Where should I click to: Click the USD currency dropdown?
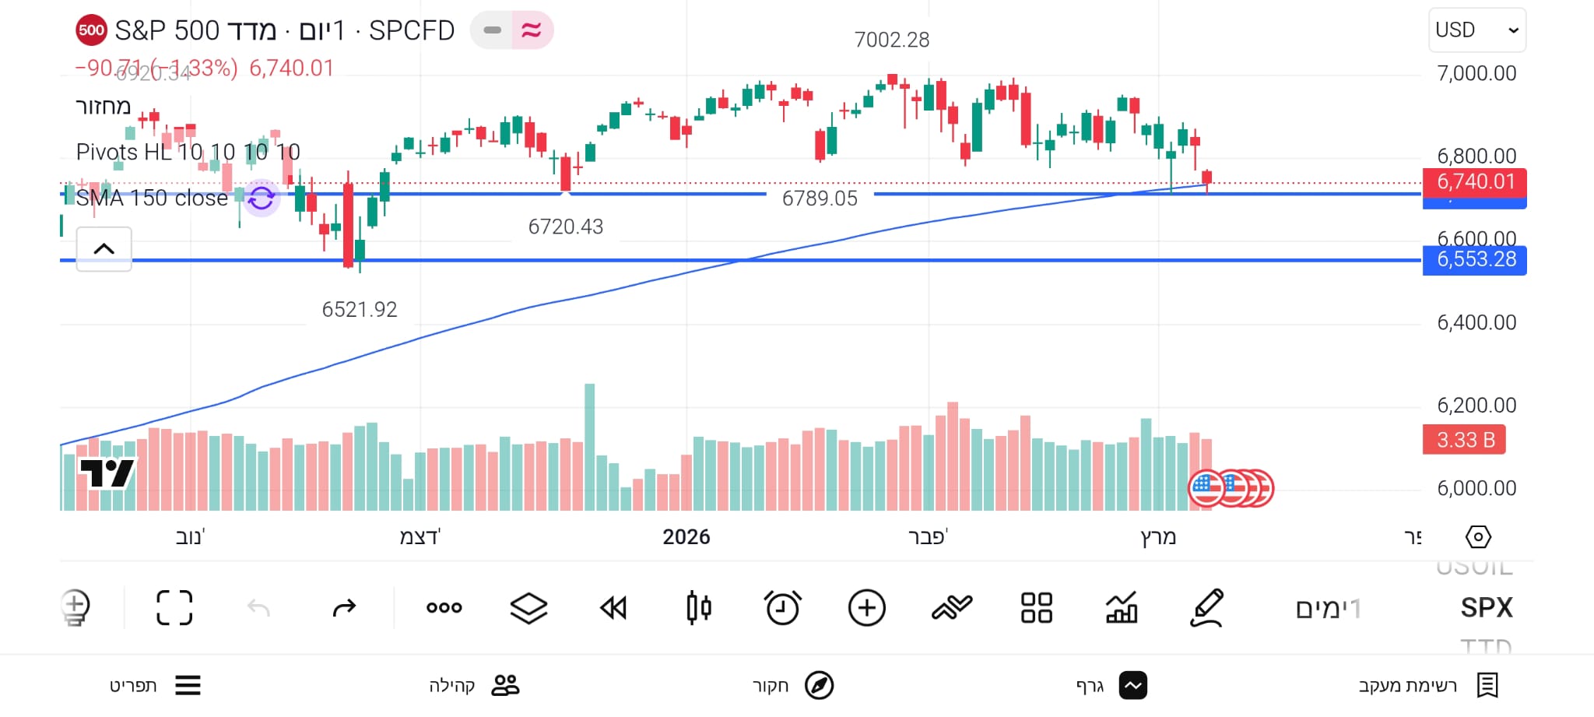click(1476, 30)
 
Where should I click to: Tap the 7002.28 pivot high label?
click(891, 40)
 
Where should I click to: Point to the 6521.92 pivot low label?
click(360, 310)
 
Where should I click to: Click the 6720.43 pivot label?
click(566, 227)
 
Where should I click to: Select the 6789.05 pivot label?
click(820, 199)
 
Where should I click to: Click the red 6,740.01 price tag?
click(1474, 182)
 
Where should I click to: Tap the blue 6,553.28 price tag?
click(1474, 259)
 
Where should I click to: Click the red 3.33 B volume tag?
click(1464, 440)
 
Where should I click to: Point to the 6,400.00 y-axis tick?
click(1476, 322)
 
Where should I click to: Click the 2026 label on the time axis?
click(686, 537)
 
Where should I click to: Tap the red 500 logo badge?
click(91, 31)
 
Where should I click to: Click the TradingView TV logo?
click(107, 473)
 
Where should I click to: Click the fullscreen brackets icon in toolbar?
click(174, 608)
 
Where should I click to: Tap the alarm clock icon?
click(782, 608)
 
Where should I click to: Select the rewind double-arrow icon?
click(613, 608)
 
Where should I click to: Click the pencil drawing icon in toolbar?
click(1207, 608)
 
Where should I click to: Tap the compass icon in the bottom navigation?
click(819, 685)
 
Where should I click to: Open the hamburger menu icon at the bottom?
click(188, 685)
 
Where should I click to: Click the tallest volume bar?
click(589, 447)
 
